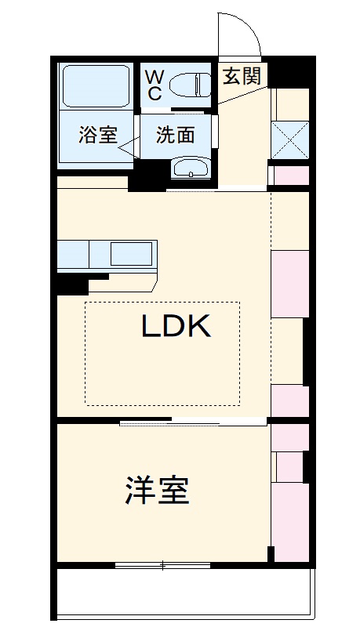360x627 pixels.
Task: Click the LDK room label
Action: tap(176, 325)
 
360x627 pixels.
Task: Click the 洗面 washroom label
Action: tap(175, 135)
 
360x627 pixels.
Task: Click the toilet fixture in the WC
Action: tap(190, 84)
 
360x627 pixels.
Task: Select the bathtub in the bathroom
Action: tap(96, 86)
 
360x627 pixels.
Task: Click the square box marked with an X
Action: tap(290, 140)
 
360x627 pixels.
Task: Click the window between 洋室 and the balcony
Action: tap(162, 564)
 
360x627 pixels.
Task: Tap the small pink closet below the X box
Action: tap(290, 175)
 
